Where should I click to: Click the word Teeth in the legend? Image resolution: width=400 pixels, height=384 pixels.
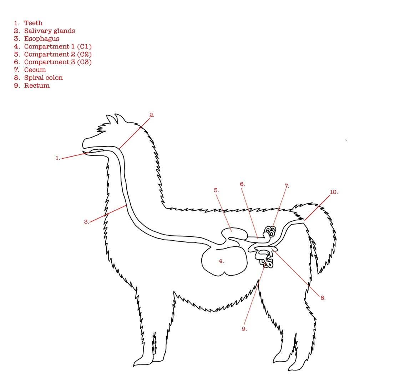[33, 23]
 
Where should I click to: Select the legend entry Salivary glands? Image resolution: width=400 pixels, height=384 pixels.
[49, 31]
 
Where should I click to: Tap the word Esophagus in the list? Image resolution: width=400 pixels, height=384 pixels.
[41, 39]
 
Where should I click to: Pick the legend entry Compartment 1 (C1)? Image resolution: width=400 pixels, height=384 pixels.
[58, 47]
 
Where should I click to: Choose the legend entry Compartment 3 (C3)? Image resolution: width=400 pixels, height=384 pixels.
[58, 62]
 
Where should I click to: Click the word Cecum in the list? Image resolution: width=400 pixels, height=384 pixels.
[35, 70]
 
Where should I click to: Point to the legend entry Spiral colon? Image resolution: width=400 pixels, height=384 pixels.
[43, 78]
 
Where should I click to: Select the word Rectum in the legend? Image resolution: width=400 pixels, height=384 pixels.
[37, 86]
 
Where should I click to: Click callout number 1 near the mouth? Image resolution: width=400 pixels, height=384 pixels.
[57, 158]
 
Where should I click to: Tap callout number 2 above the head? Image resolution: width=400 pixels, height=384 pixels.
[152, 115]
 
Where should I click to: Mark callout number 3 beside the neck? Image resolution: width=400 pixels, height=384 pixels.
[86, 222]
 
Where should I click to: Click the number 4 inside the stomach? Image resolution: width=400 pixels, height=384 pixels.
[221, 261]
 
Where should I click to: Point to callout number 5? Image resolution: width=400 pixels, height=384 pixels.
[216, 190]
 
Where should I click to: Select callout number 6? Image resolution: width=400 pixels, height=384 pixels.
[242, 184]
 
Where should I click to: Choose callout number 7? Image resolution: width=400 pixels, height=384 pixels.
[287, 186]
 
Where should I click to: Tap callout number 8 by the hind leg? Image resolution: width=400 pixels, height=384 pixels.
[323, 298]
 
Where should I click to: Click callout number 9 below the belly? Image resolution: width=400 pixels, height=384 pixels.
[244, 329]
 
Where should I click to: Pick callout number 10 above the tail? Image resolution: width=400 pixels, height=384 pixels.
[333, 192]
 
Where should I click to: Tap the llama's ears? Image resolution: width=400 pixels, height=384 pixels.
[114, 119]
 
